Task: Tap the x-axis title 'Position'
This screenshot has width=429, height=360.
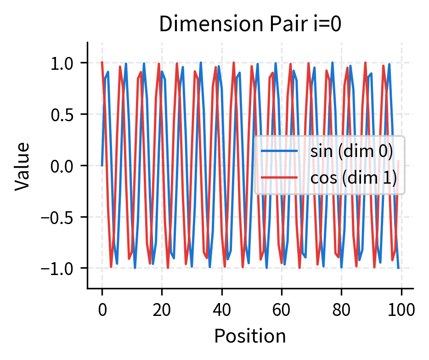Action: pos(250,336)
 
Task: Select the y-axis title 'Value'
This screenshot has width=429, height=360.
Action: pos(22,165)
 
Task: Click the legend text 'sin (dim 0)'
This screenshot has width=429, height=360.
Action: pos(352,152)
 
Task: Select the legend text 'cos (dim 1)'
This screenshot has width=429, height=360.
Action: pos(353,178)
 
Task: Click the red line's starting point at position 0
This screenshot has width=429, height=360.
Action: pos(102,63)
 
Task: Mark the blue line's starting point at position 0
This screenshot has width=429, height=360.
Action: pos(102,165)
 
